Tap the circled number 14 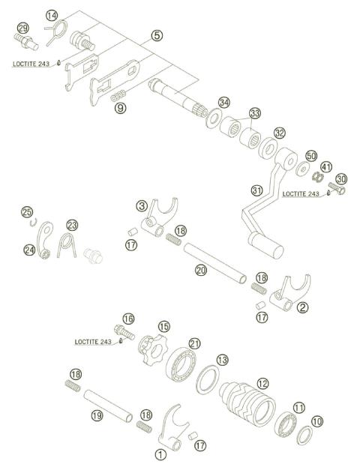pyautogui.click(x=51, y=16)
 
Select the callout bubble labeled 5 pyautogui.click(x=156, y=35)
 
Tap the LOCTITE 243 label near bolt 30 pyautogui.click(x=301, y=194)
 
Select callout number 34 pyautogui.click(x=224, y=102)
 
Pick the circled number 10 pyautogui.click(x=318, y=421)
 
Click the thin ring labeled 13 pyautogui.click(x=208, y=384)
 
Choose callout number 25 pyautogui.click(x=27, y=211)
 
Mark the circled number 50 pyautogui.click(x=311, y=155)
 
